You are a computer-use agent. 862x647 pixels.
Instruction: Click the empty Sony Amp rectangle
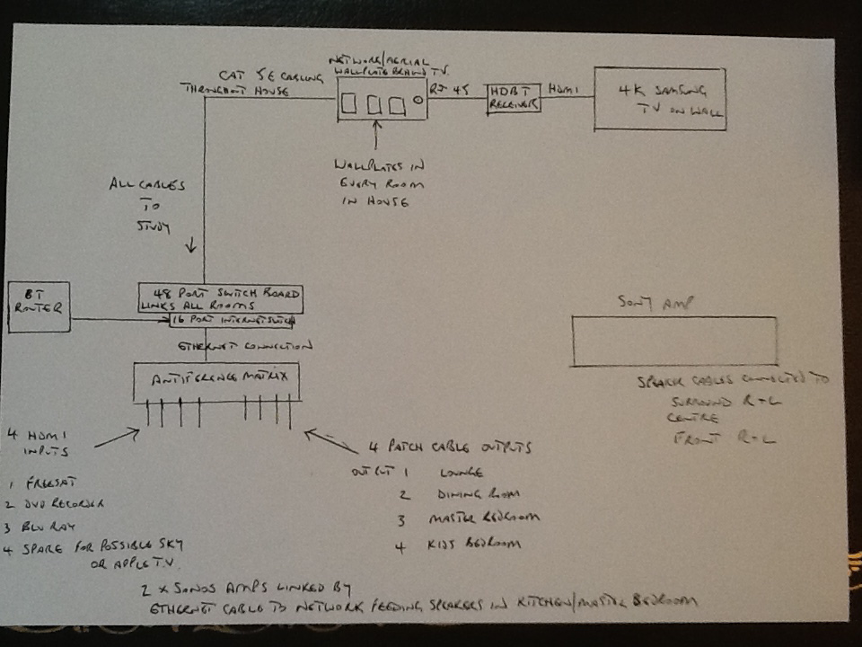[x=674, y=341]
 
